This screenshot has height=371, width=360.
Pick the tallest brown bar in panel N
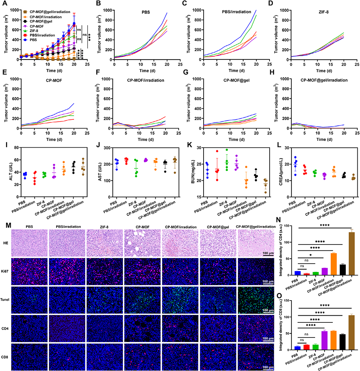click(351, 256)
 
